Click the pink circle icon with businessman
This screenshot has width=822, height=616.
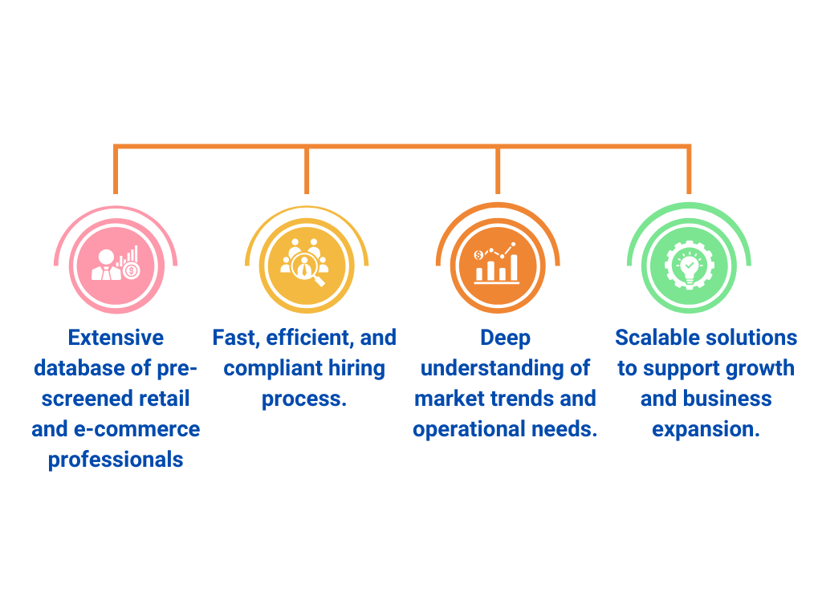(116, 265)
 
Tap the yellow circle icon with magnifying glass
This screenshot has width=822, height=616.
(307, 265)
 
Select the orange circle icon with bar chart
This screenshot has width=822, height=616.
(498, 265)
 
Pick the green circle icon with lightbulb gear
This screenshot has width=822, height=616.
(689, 265)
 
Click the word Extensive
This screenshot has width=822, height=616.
(116, 338)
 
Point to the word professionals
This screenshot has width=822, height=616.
(116, 460)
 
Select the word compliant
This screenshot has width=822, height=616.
(261, 368)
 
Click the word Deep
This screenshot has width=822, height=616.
(506, 338)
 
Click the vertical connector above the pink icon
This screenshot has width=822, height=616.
(116, 170)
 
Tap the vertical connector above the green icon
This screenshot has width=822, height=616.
(689, 170)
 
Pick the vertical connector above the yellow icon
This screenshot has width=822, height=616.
(307, 170)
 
